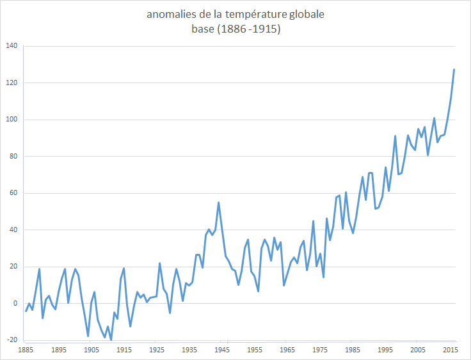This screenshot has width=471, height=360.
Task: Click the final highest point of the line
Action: (x=454, y=69)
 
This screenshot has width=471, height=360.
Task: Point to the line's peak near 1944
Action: (x=219, y=203)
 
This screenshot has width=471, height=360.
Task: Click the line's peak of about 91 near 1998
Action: (x=395, y=136)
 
